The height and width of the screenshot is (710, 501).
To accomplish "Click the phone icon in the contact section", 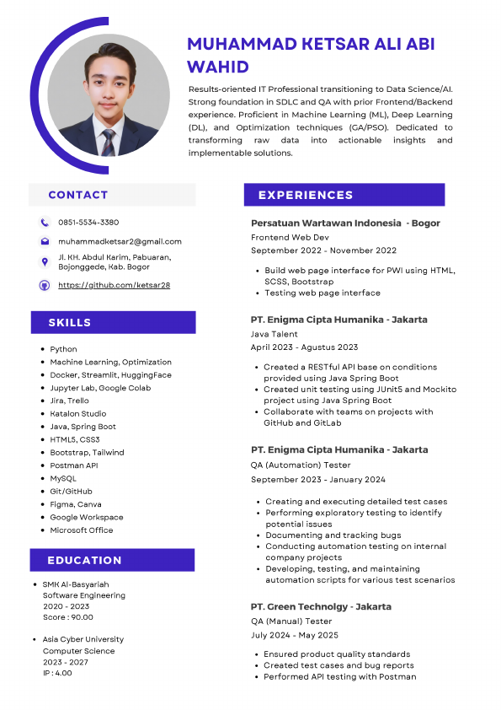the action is click(45, 223).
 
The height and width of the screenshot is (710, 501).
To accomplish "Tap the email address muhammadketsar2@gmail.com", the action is click(120, 241).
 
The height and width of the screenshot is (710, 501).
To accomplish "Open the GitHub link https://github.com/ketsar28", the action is click(114, 285).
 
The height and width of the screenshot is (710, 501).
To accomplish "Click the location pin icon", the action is click(45, 262).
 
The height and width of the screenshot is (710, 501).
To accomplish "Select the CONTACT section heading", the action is click(78, 195).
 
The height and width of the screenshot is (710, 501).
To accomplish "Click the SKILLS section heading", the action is click(70, 323).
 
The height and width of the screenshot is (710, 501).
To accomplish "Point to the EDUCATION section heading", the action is click(84, 560).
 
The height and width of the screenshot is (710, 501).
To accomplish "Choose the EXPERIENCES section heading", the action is click(306, 195).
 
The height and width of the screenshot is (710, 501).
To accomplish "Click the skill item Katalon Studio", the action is click(77, 414).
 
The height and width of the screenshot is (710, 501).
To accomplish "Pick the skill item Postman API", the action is click(73, 465).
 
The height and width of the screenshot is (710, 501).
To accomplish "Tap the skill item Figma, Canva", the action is click(75, 504).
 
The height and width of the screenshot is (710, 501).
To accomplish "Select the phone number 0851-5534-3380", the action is click(88, 223).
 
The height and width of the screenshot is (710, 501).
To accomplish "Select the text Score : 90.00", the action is click(67, 617).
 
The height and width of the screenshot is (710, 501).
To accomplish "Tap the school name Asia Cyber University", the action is click(83, 639).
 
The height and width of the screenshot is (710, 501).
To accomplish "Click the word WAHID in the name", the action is click(218, 67).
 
